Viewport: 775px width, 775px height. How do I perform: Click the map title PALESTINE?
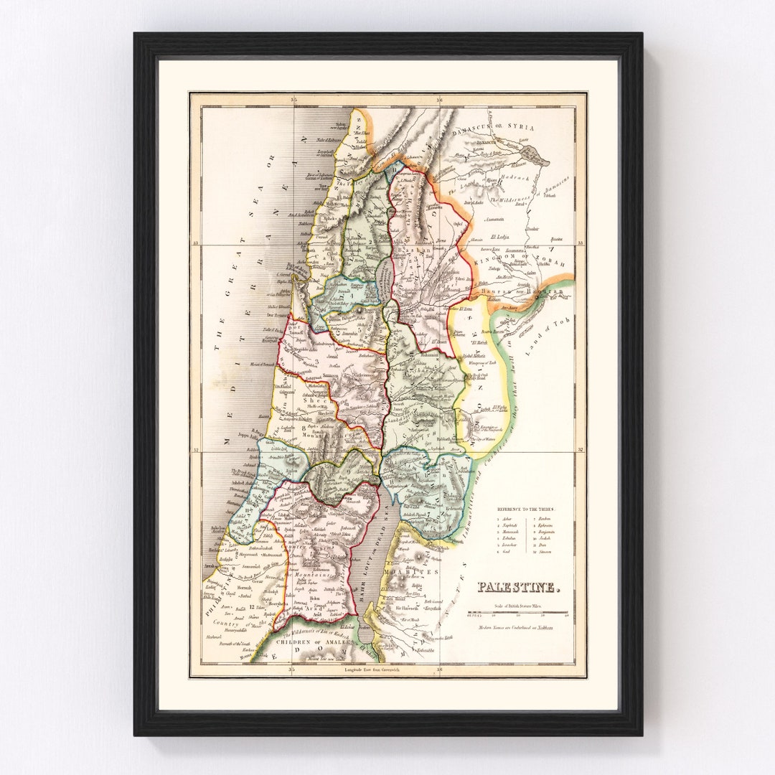coord(517,588)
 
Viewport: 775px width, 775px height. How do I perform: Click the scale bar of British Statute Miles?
coord(517,614)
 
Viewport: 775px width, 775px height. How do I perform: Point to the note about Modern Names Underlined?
coord(517,628)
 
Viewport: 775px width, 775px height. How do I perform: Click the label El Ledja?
coord(499,235)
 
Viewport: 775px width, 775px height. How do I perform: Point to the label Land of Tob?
coord(548,334)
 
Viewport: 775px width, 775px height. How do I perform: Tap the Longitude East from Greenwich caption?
coord(371,669)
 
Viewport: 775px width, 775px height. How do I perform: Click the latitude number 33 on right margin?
coord(581,243)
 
